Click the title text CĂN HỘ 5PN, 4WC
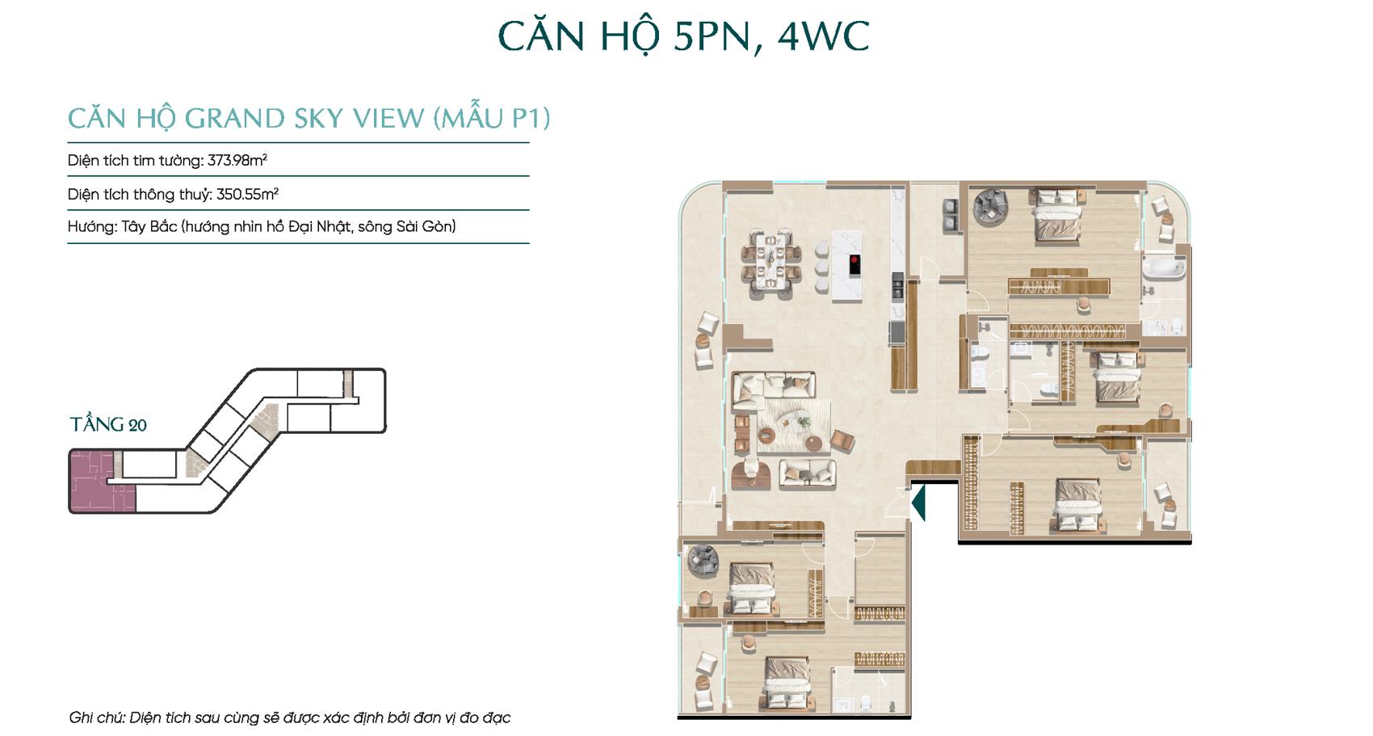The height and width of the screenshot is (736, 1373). point(683,37)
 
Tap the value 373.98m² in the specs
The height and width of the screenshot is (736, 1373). point(237,160)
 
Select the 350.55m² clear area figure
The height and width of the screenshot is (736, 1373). point(248,194)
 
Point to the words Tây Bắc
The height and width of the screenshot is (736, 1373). point(149,227)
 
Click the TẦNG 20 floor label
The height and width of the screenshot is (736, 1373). point(108,424)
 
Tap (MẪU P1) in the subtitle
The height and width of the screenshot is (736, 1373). point(492,118)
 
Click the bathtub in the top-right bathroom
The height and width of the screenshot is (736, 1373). point(1163,269)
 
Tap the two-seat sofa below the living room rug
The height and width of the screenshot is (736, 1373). point(808,473)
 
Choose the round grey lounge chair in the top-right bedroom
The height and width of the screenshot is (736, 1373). point(990,206)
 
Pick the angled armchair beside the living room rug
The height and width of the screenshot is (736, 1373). point(842,441)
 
